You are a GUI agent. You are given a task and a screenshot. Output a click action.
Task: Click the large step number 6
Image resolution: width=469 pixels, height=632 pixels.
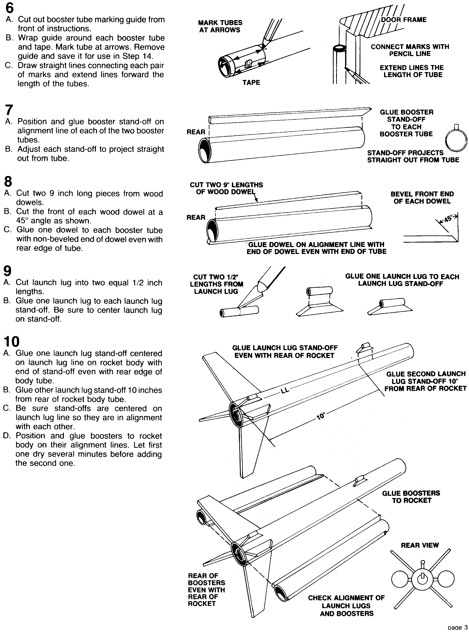9,8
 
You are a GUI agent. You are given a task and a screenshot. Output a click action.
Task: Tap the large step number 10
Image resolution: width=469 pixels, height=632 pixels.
12,342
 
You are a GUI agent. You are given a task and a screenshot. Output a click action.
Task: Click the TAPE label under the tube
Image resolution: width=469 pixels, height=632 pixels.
251,82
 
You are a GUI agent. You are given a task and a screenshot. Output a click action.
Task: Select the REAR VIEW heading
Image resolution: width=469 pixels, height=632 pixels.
420,545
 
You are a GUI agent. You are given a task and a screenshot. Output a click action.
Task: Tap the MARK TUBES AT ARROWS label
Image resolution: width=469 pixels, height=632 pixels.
220,26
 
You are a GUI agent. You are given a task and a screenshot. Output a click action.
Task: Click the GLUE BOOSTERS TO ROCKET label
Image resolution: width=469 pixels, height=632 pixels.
411,497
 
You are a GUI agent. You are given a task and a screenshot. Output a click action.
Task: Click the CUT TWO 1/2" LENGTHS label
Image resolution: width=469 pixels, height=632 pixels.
216,284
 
